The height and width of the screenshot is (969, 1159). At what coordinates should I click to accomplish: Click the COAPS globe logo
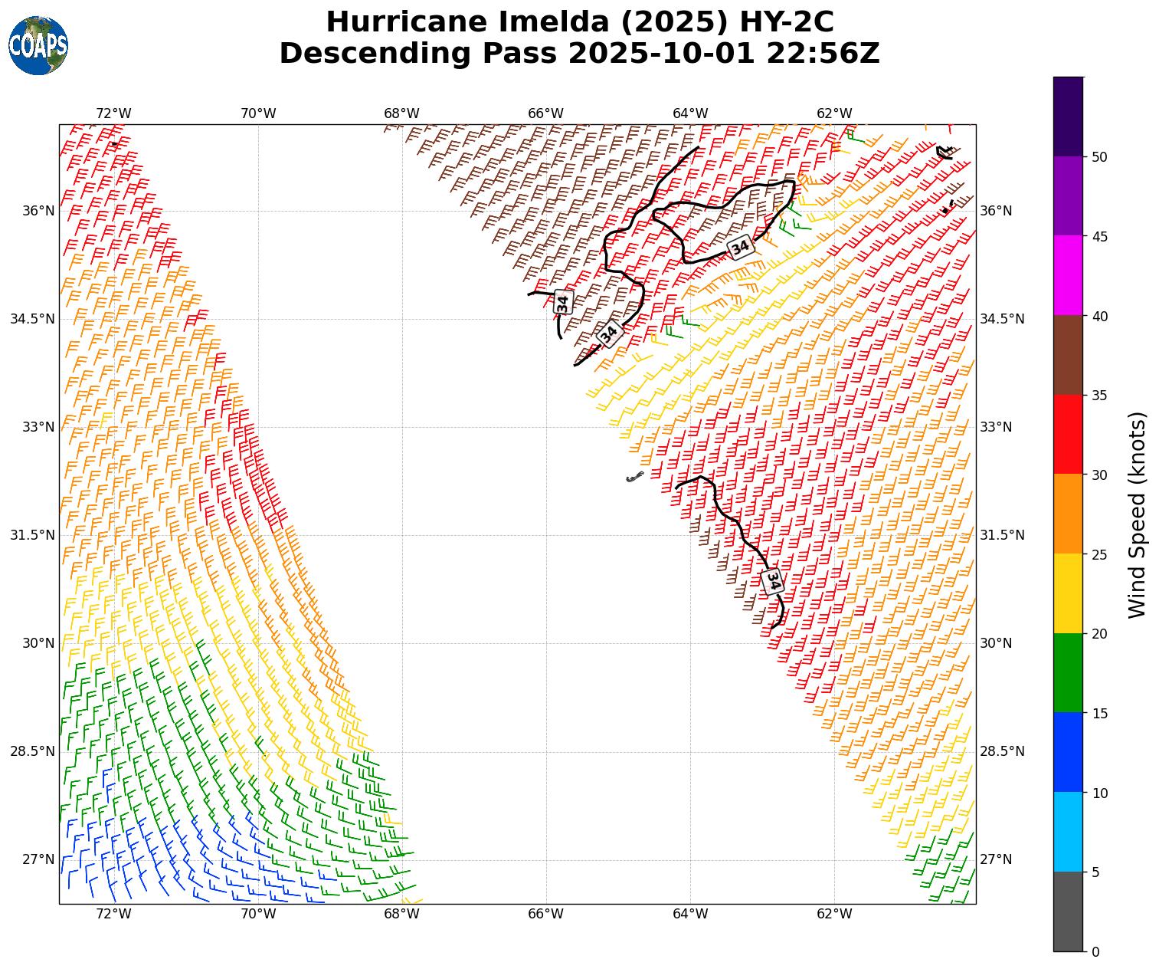pyautogui.click(x=38, y=45)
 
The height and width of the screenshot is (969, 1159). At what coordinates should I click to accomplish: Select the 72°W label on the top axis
pyautogui.click(x=113, y=114)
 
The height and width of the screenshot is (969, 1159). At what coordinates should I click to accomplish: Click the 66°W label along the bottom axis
pyautogui.click(x=545, y=914)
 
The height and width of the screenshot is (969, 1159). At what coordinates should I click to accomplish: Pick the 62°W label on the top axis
pyautogui.click(x=834, y=114)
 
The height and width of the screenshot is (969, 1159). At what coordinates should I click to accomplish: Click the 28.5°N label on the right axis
pyautogui.click(x=1002, y=751)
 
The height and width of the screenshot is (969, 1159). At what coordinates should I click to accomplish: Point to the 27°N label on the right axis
pyautogui.click(x=996, y=859)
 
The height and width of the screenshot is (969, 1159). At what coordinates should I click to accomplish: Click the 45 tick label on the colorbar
pyautogui.click(x=1099, y=237)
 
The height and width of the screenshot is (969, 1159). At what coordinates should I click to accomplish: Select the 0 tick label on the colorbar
pyautogui.click(x=1095, y=952)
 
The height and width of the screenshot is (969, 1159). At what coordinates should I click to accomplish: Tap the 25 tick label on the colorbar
pyautogui.click(x=1099, y=555)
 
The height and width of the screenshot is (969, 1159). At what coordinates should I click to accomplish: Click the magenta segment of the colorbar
pyautogui.click(x=1068, y=275)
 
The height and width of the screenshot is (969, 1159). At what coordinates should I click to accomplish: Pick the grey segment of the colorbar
pyautogui.click(x=1068, y=912)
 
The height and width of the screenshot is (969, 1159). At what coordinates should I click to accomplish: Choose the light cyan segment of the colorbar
pyautogui.click(x=1068, y=832)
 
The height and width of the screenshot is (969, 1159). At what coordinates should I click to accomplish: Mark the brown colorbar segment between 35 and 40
pyautogui.click(x=1068, y=355)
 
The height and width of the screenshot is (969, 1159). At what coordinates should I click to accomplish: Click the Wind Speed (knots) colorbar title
pyautogui.click(x=1138, y=514)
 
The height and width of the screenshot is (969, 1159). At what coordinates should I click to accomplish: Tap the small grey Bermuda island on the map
pyautogui.click(x=634, y=478)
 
